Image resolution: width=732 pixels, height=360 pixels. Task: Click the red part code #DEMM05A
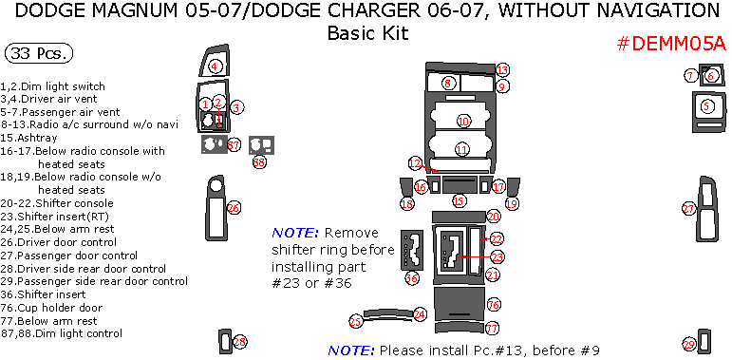(x=670, y=44)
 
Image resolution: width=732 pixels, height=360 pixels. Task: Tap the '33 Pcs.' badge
(x=40, y=53)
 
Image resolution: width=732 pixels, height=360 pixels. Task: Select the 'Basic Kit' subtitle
(x=366, y=33)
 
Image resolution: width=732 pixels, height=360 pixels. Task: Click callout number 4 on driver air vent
(x=216, y=66)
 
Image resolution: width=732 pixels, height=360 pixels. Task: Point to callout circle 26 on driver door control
(x=234, y=207)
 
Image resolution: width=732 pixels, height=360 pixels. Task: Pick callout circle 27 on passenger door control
(x=689, y=208)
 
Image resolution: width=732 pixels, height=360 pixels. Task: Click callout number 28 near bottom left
(x=240, y=341)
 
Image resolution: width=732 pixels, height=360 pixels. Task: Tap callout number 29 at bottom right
(x=689, y=344)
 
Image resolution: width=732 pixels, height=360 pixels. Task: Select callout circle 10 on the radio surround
(x=463, y=122)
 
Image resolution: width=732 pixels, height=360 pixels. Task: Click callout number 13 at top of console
(x=503, y=69)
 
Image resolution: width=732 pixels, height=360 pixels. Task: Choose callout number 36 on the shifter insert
(x=411, y=278)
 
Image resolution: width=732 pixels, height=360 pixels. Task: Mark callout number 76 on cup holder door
(x=493, y=305)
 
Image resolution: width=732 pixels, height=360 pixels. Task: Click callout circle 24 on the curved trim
(x=420, y=313)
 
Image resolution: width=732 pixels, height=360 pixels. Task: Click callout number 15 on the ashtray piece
(x=460, y=200)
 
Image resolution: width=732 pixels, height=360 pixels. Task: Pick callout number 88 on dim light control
(x=259, y=162)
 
